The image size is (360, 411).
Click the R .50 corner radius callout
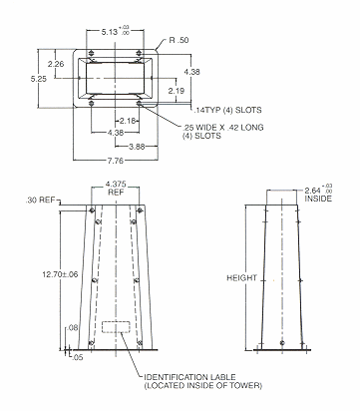179,40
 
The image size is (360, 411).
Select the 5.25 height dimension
39,79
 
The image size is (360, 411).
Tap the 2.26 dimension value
56,64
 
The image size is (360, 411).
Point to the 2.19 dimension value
176,91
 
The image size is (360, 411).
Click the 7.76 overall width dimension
116,161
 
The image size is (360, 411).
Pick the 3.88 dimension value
137,147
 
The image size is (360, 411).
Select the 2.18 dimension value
128,121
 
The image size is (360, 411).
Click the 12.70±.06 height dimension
60,274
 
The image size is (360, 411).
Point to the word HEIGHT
241,277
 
